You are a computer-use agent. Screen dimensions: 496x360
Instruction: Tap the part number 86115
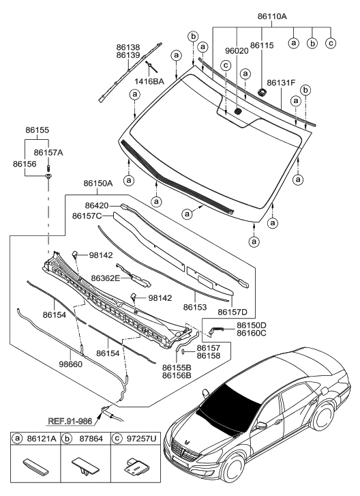(x=262, y=45)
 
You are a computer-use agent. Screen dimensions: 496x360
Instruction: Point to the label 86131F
(x=281, y=83)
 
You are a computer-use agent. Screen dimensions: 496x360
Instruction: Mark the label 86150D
(x=252, y=325)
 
